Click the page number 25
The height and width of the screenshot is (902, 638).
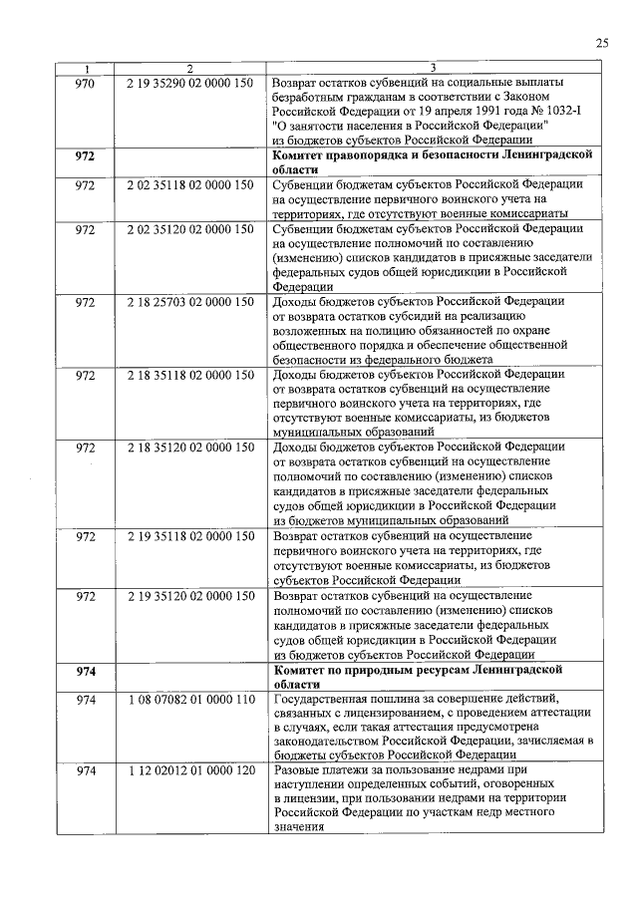601,42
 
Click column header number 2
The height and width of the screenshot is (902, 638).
189,68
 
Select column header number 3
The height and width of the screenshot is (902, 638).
433,68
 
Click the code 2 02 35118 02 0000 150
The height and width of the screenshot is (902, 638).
190,185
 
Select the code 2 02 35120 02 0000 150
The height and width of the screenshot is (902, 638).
190,230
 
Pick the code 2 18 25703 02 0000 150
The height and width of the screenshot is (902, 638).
190,302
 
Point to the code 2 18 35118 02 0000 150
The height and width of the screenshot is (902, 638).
190,375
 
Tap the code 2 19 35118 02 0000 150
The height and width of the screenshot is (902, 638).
190,537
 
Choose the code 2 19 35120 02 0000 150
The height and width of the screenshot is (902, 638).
190,596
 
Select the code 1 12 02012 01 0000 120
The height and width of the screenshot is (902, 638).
190,773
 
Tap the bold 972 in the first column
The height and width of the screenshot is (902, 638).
85,156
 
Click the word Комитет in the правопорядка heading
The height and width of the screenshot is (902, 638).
303,156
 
